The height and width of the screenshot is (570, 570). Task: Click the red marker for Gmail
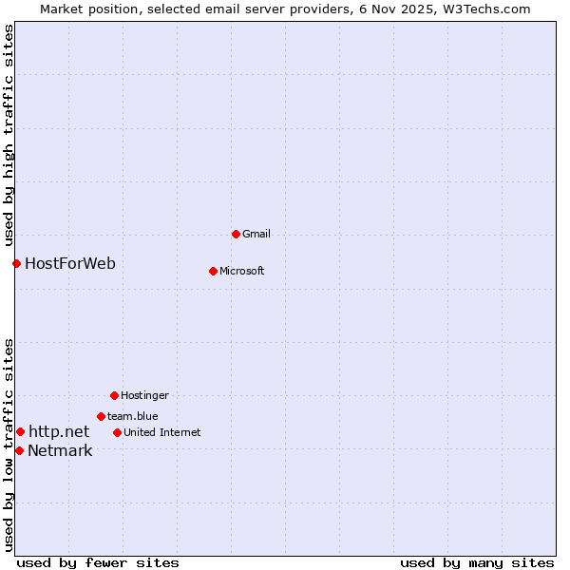point(236,234)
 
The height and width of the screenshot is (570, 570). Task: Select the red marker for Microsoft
point(213,271)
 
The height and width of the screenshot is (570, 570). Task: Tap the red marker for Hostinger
point(114,395)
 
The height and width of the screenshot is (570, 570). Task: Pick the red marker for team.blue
point(101,416)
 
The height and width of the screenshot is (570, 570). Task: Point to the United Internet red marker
point(117,432)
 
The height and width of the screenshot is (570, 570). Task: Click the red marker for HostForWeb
point(16,263)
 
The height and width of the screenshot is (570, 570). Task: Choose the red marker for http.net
point(20,431)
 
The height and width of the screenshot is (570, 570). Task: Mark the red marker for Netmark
point(19,450)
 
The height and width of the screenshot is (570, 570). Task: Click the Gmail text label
point(256,234)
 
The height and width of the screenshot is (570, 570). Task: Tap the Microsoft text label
point(242,271)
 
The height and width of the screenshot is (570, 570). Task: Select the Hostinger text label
point(144,395)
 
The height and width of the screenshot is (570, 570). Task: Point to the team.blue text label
point(133,416)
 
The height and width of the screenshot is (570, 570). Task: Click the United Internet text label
point(162,432)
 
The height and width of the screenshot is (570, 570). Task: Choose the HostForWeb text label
point(70,263)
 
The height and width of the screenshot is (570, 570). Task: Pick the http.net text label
point(59,431)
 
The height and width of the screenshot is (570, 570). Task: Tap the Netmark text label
point(60,450)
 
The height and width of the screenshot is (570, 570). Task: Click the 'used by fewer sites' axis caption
point(98,562)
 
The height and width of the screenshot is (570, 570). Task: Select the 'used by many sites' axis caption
point(477,562)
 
